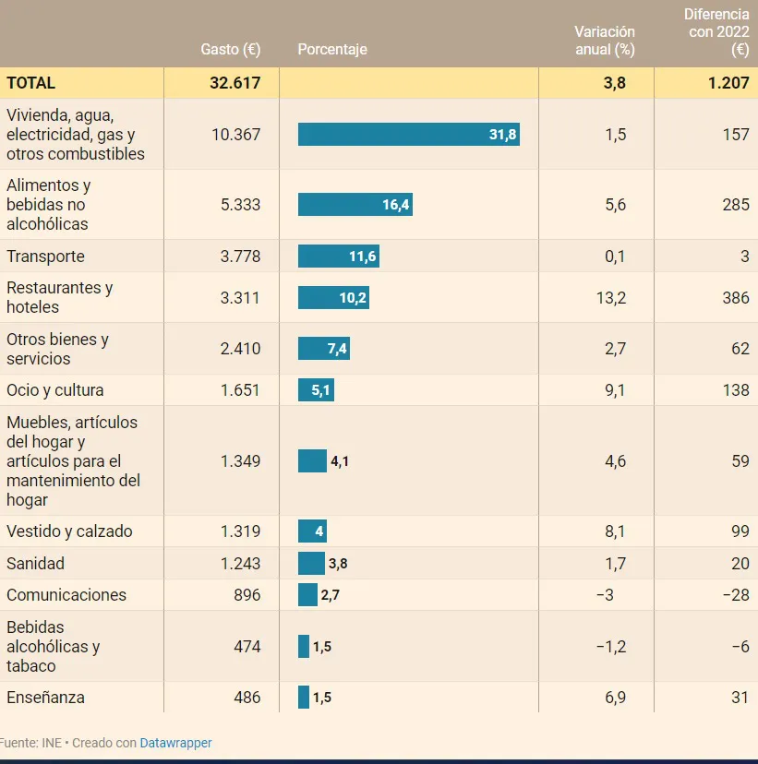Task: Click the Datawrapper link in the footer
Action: (175, 743)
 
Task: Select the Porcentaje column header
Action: (332, 49)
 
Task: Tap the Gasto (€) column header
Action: (231, 49)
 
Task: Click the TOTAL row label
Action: (31, 82)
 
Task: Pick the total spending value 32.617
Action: (235, 82)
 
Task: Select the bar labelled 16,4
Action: (355, 205)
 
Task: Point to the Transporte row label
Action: (45, 257)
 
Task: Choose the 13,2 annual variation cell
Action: (615, 297)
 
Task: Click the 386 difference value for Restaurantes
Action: (736, 297)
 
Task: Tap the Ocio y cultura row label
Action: (55, 390)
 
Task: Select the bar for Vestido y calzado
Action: (312, 531)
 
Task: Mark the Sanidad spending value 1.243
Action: (241, 563)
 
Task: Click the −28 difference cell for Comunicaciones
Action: (735, 595)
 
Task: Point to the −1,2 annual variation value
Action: (611, 647)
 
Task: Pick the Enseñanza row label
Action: (45, 698)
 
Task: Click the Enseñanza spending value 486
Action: (247, 698)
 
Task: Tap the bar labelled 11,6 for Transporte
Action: (339, 257)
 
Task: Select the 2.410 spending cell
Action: (241, 349)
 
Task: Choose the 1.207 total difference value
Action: (728, 82)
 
